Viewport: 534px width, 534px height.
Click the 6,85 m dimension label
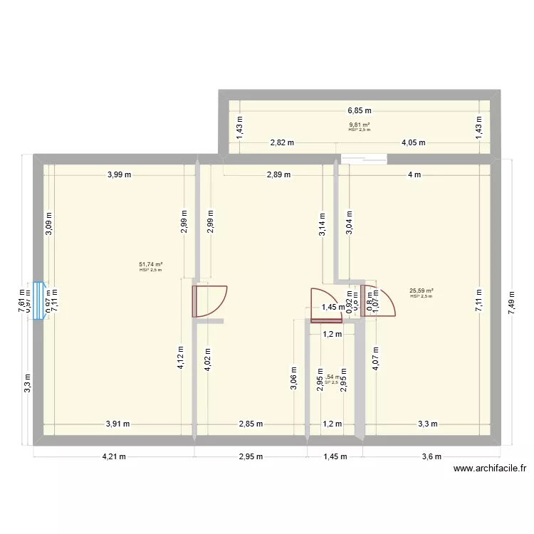360,110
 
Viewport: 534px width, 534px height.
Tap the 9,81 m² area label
359,125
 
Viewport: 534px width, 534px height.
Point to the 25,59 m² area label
422,290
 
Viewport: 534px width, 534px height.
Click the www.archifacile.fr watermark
489,468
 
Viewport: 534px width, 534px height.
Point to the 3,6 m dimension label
431,456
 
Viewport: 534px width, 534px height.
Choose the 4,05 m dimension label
413,142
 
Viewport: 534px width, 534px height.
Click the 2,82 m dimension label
282,142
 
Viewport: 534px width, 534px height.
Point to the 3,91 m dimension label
117,424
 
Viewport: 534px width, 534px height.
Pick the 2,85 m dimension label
250,424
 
